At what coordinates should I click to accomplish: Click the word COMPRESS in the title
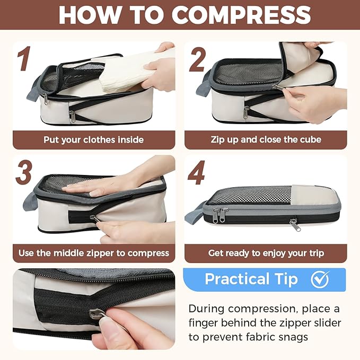pos(241,15)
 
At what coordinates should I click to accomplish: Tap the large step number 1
pos(24,58)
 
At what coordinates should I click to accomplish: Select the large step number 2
pos(197,60)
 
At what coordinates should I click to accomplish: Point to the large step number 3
pos(24,172)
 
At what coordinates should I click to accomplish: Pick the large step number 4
pos(196,172)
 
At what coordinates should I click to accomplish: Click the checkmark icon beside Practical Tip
pos(320,279)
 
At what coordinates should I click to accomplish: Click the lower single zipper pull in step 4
pos(295,225)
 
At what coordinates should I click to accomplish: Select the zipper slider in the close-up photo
pos(98,314)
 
